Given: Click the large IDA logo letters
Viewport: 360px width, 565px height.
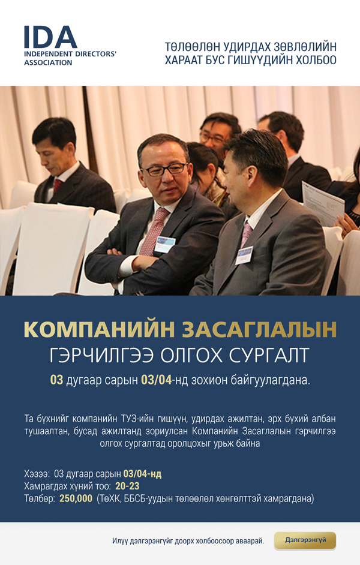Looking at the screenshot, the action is (50, 37).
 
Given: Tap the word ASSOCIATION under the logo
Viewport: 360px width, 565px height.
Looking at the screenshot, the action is (48, 63).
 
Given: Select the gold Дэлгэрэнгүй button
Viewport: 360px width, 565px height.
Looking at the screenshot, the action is (305, 540).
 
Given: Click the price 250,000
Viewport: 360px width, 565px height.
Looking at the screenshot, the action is (76, 498).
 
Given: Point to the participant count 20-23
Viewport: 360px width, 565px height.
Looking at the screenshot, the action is (127, 486).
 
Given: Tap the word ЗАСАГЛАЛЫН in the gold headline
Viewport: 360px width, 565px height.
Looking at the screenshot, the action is (259, 329).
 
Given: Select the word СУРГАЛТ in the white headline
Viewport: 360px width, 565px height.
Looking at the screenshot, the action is (269, 355).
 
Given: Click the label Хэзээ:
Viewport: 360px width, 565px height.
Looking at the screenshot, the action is (37, 473).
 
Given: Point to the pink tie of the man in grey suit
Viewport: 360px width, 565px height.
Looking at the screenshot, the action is (247, 234).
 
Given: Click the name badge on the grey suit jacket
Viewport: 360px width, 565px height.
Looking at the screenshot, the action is (244, 255).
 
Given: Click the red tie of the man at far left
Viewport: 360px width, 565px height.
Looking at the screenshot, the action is (57, 185).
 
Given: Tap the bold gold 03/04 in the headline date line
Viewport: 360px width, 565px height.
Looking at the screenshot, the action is (157, 380).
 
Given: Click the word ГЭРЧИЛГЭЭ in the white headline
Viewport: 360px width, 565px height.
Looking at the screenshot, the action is (101, 355).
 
